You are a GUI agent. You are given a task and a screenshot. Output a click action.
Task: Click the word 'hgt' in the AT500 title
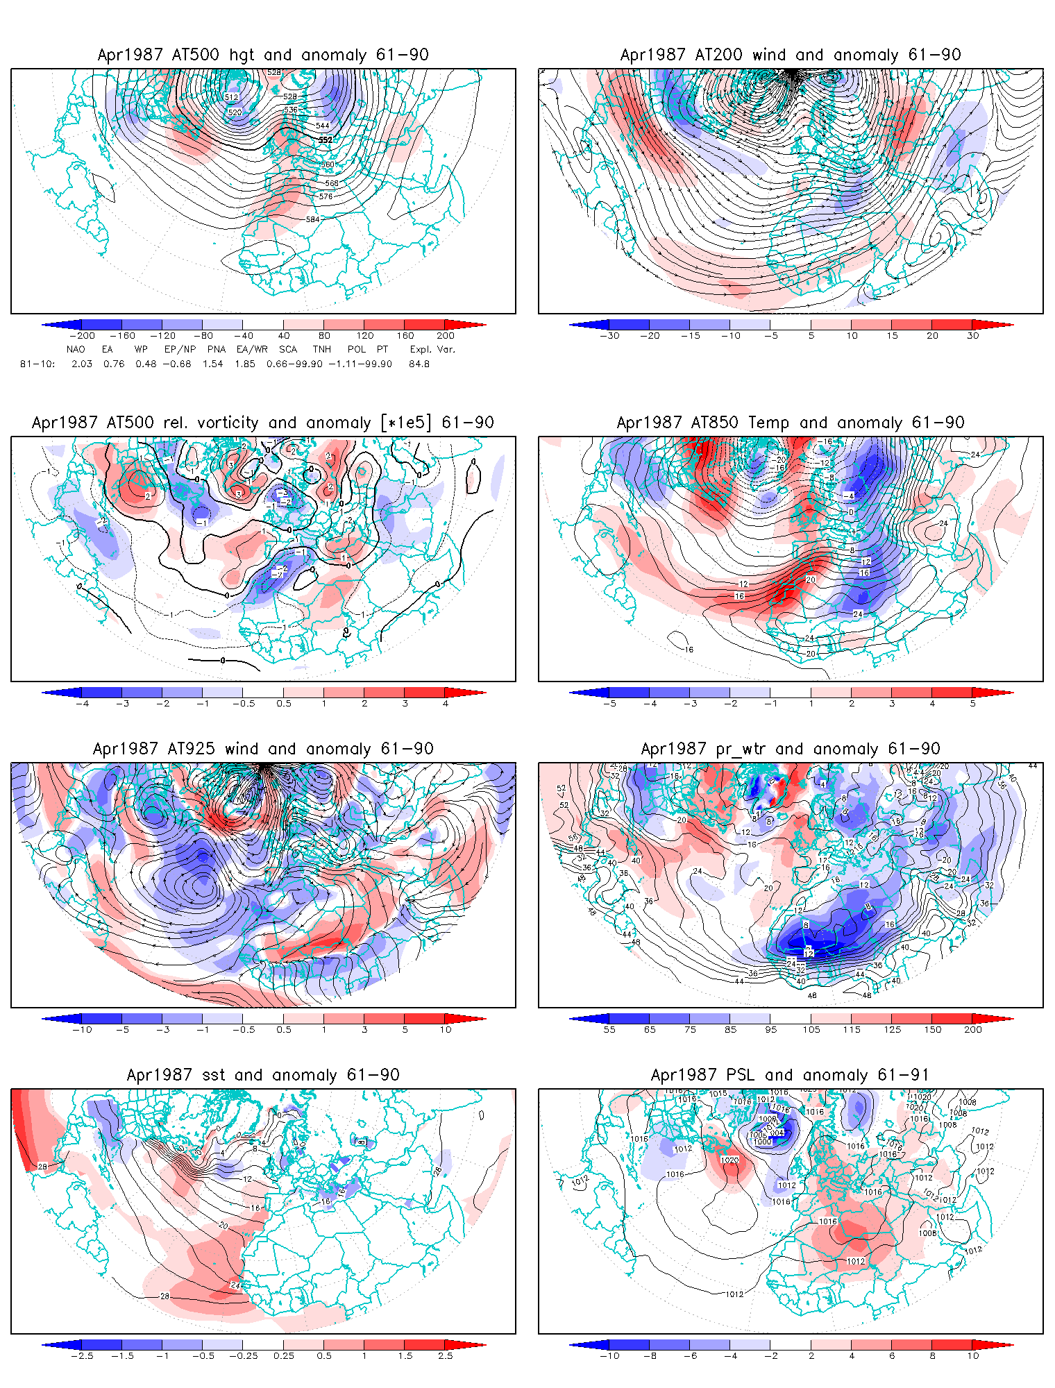tap(242, 56)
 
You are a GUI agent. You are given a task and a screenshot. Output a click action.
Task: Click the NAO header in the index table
tap(76, 350)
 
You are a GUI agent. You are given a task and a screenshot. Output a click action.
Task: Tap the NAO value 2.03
tap(81, 364)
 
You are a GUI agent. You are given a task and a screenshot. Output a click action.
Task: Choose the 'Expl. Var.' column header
tap(432, 350)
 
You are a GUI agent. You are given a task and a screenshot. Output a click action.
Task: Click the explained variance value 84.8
tap(419, 364)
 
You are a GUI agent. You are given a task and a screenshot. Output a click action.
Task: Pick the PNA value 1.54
tap(212, 364)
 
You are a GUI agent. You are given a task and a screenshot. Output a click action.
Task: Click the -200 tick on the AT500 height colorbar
tap(83, 336)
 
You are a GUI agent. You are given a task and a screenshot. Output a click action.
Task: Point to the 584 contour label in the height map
tap(313, 219)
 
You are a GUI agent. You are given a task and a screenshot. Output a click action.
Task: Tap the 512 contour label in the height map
tap(231, 97)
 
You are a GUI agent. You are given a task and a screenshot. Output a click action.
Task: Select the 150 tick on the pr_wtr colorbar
tap(933, 1030)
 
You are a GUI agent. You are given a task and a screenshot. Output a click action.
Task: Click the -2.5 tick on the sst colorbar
tap(83, 1356)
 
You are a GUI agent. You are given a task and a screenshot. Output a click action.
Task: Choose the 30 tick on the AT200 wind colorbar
tap(973, 336)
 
